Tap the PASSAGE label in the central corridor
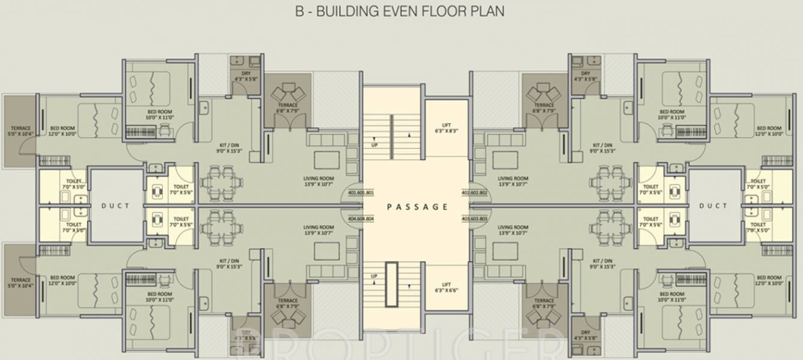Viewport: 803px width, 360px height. [x=417, y=207]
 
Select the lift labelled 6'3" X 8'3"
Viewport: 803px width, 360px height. [x=446, y=127]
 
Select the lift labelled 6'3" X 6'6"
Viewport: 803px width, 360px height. [x=446, y=287]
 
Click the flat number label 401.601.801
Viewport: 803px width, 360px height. [x=361, y=193]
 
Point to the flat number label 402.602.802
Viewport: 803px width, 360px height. [x=474, y=193]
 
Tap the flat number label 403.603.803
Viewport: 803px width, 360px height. [x=474, y=219]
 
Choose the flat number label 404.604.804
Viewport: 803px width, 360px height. [x=361, y=219]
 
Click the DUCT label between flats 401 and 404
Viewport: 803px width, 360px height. [x=115, y=206]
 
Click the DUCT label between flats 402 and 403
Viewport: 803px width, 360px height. [x=713, y=206]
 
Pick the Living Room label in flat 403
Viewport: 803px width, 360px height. [x=513, y=230]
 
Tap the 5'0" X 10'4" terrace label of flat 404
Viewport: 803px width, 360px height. [x=20, y=283]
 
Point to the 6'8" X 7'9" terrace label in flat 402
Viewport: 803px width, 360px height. [x=543, y=108]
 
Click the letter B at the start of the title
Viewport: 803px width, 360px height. [x=299, y=11]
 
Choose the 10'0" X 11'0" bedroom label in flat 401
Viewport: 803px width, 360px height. [x=160, y=115]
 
